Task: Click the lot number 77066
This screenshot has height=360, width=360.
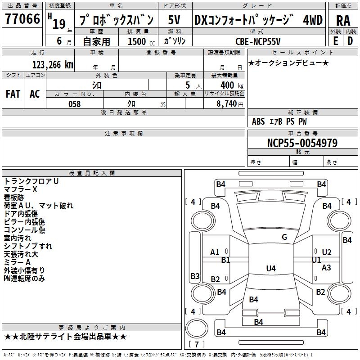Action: (22, 19)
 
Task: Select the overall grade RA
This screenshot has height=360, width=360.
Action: (342, 20)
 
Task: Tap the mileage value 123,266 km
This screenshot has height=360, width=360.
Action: (53, 64)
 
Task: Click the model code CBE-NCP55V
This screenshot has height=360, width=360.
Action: (258, 41)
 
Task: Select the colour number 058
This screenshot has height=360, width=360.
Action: (74, 104)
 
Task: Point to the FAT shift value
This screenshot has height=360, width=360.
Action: (13, 94)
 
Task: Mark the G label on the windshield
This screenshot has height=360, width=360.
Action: (284, 237)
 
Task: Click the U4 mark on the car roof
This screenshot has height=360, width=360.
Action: (270, 269)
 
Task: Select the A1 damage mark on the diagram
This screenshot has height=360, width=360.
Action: (215, 252)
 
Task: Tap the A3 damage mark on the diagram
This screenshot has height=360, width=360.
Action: (326, 267)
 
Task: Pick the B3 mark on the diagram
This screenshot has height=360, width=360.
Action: (195, 276)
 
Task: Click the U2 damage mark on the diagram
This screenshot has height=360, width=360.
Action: (326, 252)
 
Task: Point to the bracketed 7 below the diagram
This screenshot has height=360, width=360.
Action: (196, 345)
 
